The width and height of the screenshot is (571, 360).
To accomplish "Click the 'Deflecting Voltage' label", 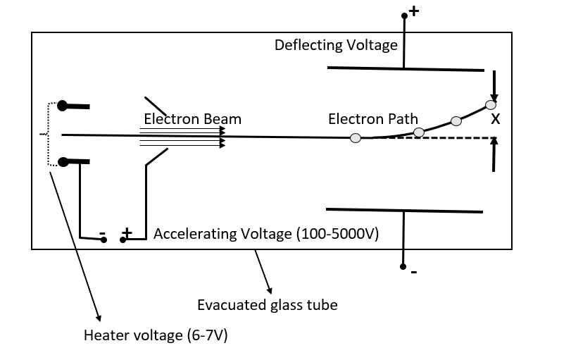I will [x=336, y=46].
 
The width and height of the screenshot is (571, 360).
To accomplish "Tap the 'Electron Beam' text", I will [x=192, y=119].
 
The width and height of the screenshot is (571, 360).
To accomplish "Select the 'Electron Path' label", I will [x=372, y=119].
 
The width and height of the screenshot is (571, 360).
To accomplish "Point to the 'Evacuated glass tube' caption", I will [x=267, y=305].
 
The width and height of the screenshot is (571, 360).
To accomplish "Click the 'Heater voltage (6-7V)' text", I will [x=156, y=335].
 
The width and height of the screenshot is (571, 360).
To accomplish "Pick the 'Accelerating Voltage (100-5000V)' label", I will [x=266, y=233].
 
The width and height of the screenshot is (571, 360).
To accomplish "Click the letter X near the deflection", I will [x=495, y=120].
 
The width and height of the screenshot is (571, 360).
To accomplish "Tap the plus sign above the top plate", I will [x=413, y=12].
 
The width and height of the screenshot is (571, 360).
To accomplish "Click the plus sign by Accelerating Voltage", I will [x=127, y=232].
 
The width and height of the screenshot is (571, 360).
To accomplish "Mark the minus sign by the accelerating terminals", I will [x=102, y=233].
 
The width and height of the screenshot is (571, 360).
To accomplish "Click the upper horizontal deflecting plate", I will [x=406, y=68].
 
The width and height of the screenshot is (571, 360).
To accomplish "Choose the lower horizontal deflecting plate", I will [x=404, y=210].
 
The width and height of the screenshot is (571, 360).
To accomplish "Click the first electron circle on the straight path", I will [x=356, y=138].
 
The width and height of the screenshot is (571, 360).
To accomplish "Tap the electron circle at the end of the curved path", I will [x=491, y=106].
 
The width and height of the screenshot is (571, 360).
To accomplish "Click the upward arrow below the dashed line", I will [x=494, y=154].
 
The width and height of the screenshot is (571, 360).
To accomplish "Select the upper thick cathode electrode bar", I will [x=75, y=106].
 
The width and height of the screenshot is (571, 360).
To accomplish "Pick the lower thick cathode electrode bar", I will [x=75, y=162].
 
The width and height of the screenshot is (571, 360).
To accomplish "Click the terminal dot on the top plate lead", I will [x=404, y=15].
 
